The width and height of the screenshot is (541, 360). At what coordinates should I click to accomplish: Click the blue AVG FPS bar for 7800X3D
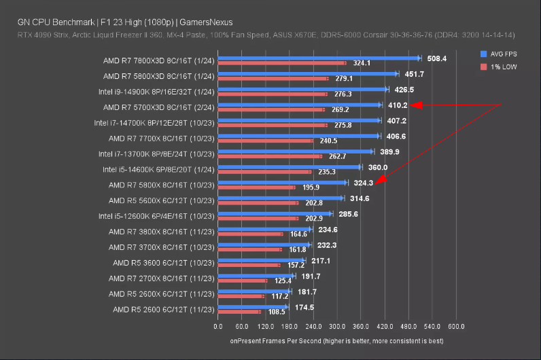point(319,58)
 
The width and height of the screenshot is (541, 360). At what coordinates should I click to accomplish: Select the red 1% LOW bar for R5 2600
point(239,312)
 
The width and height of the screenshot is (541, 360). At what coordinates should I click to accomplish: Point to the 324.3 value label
point(362,183)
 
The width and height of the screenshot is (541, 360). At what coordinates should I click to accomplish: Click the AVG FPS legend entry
point(500,54)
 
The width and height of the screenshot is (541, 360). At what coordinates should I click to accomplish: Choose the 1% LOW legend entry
point(499,67)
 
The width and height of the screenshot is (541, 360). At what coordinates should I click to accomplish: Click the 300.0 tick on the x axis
point(336,325)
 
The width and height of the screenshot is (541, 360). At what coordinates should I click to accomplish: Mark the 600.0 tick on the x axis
point(455,325)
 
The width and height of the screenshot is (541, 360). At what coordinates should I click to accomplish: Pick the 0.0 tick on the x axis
point(218,325)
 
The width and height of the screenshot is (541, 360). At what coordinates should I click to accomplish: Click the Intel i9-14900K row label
point(156,90)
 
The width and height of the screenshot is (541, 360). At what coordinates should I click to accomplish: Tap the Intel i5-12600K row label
point(156,216)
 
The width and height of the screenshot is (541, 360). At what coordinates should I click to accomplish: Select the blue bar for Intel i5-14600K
point(290,166)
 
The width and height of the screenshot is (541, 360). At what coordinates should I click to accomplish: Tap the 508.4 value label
point(435,59)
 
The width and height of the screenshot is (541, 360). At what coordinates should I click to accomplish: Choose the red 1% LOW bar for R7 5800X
point(257,187)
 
